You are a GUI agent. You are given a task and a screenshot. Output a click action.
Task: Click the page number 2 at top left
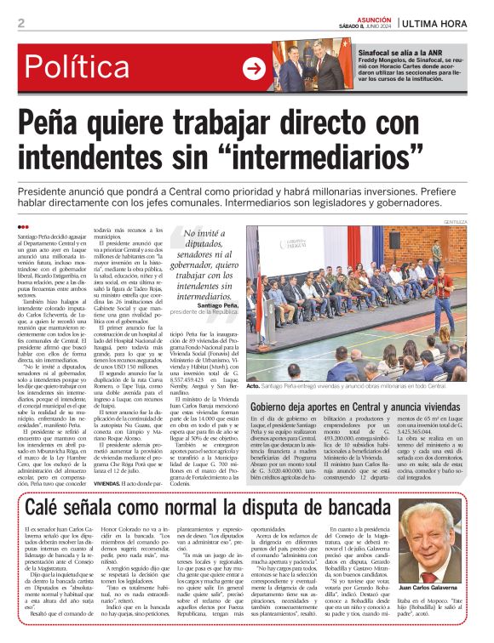coord(20,23)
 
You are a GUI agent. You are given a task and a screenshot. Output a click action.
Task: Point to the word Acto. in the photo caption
coord(253,386)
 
